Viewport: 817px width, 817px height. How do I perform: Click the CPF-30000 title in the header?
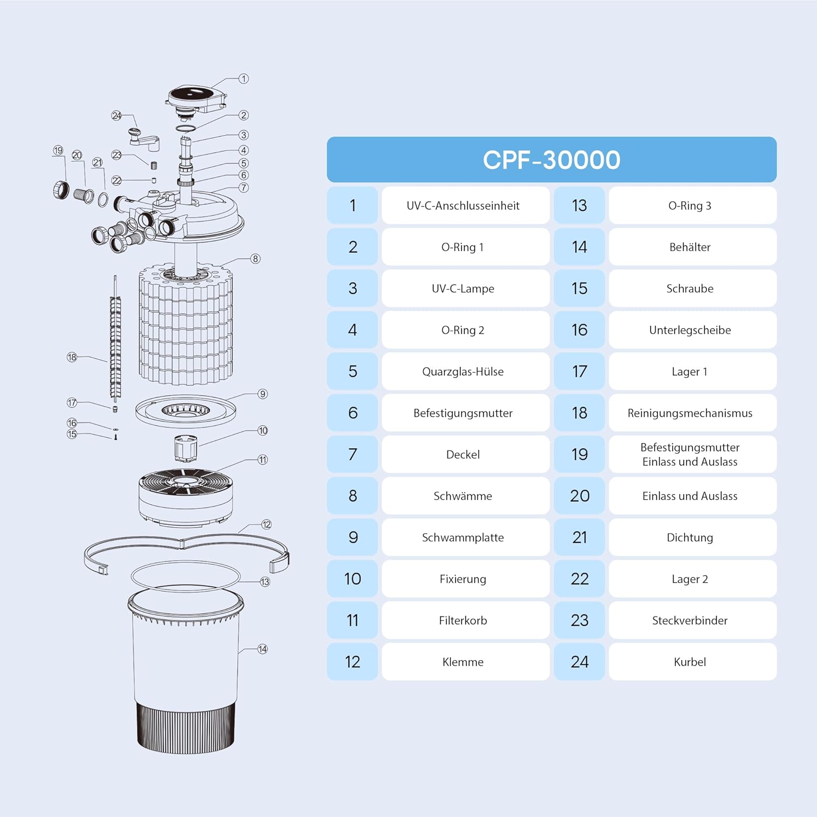[x=551, y=160]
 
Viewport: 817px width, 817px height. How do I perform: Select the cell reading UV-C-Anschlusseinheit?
[x=463, y=205]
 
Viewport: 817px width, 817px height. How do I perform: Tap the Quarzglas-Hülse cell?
[x=463, y=371]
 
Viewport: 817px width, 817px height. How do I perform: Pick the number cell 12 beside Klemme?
[x=352, y=662]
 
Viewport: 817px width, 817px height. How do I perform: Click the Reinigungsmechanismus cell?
[x=690, y=413]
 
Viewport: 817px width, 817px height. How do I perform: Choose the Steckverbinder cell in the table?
[x=690, y=620]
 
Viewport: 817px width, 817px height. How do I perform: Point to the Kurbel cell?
[x=690, y=662]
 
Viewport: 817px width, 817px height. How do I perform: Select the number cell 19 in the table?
[x=580, y=454]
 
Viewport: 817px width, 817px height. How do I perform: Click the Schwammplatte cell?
[x=463, y=538]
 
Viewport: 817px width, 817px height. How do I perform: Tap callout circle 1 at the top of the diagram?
[x=243, y=79]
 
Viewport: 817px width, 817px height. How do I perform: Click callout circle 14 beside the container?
[x=263, y=649]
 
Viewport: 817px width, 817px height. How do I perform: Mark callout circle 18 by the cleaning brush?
[x=72, y=357]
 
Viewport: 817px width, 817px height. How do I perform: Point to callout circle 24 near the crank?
[x=117, y=115]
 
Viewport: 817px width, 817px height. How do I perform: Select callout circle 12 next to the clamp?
[x=266, y=525]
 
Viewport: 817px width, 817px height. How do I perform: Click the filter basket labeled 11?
[x=186, y=496]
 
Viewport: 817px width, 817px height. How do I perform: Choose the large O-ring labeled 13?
[x=186, y=575]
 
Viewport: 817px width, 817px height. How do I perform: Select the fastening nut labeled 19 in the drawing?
[x=61, y=189]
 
